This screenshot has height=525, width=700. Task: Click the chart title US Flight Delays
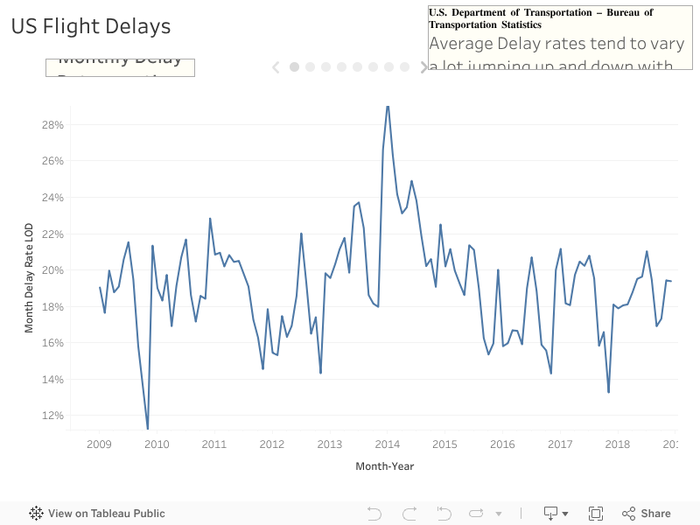click(x=91, y=26)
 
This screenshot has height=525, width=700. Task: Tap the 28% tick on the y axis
click(x=52, y=124)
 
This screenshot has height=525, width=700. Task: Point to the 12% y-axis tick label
click(x=52, y=416)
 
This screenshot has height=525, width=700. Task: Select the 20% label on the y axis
click(x=52, y=269)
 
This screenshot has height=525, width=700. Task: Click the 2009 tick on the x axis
click(x=99, y=444)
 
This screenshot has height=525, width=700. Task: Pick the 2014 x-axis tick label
click(x=388, y=444)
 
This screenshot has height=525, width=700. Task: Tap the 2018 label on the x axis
click(x=618, y=444)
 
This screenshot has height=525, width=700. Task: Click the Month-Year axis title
click(x=384, y=466)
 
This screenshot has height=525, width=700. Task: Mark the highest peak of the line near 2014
click(x=388, y=107)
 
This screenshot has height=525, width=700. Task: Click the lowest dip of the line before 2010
click(x=148, y=428)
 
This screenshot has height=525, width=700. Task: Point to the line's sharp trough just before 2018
click(x=608, y=391)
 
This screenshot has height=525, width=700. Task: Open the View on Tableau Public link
click(x=97, y=514)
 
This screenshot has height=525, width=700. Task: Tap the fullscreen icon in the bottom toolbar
click(x=596, y=514)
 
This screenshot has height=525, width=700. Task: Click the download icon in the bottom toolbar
click(x=551, y=514)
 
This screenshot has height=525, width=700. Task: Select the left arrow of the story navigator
click(x=276, y=66)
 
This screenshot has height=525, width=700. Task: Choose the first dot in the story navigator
click(x=295, y=66)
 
